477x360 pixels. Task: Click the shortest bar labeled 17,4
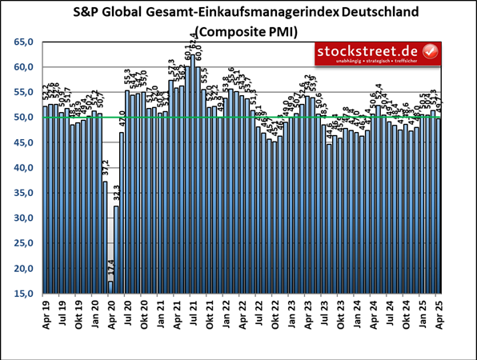coord(110,287)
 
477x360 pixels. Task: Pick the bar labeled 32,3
coord(116,250)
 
